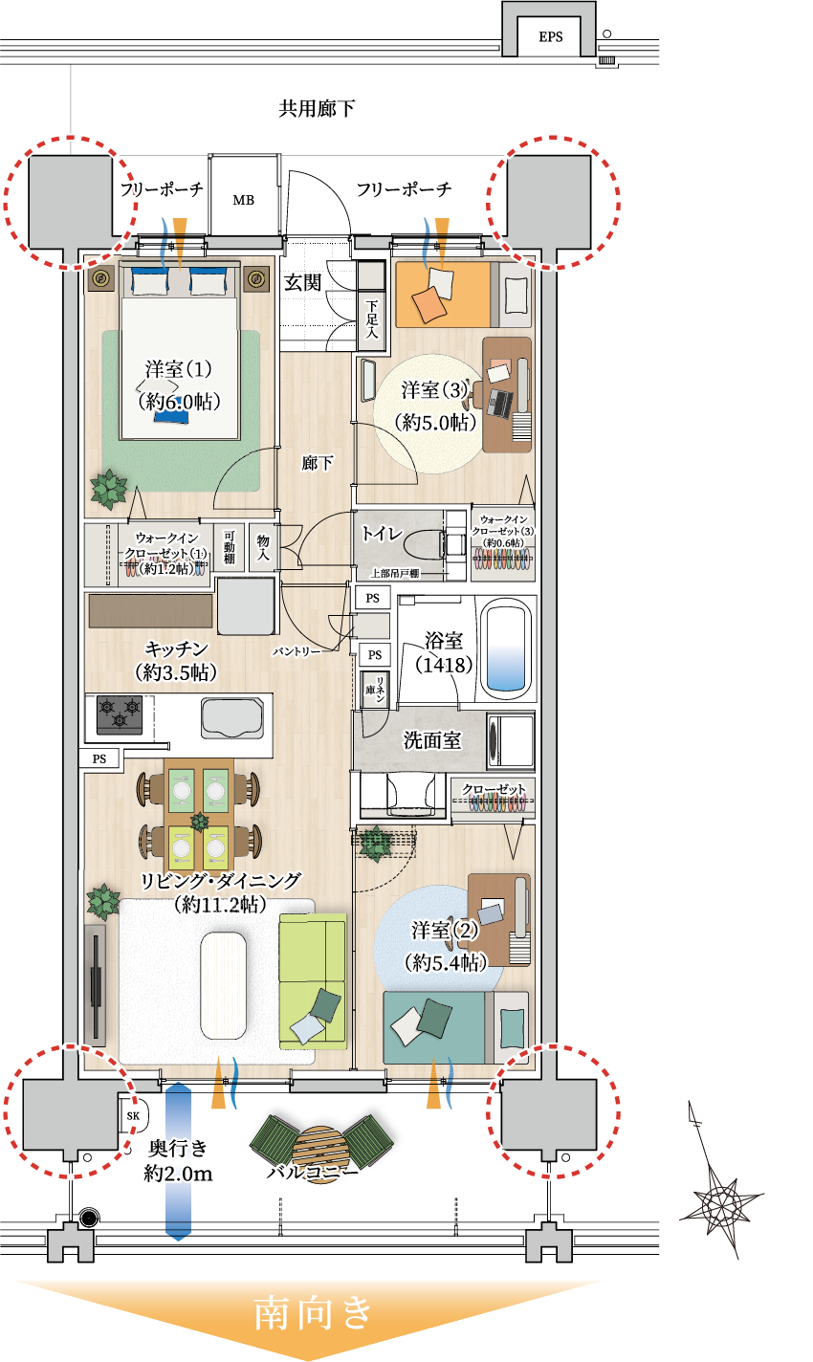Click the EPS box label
click(x=550, y=37)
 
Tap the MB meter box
click(x=243, y=200)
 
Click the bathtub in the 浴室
click(x=507, y=648)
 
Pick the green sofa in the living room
click(x=312, y=981)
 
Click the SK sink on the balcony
click(x=133, y=1114)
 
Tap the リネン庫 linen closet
click(x=374, y=689)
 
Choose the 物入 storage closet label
click(x=263, y=548)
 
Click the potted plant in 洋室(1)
click(x=108, y=489)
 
